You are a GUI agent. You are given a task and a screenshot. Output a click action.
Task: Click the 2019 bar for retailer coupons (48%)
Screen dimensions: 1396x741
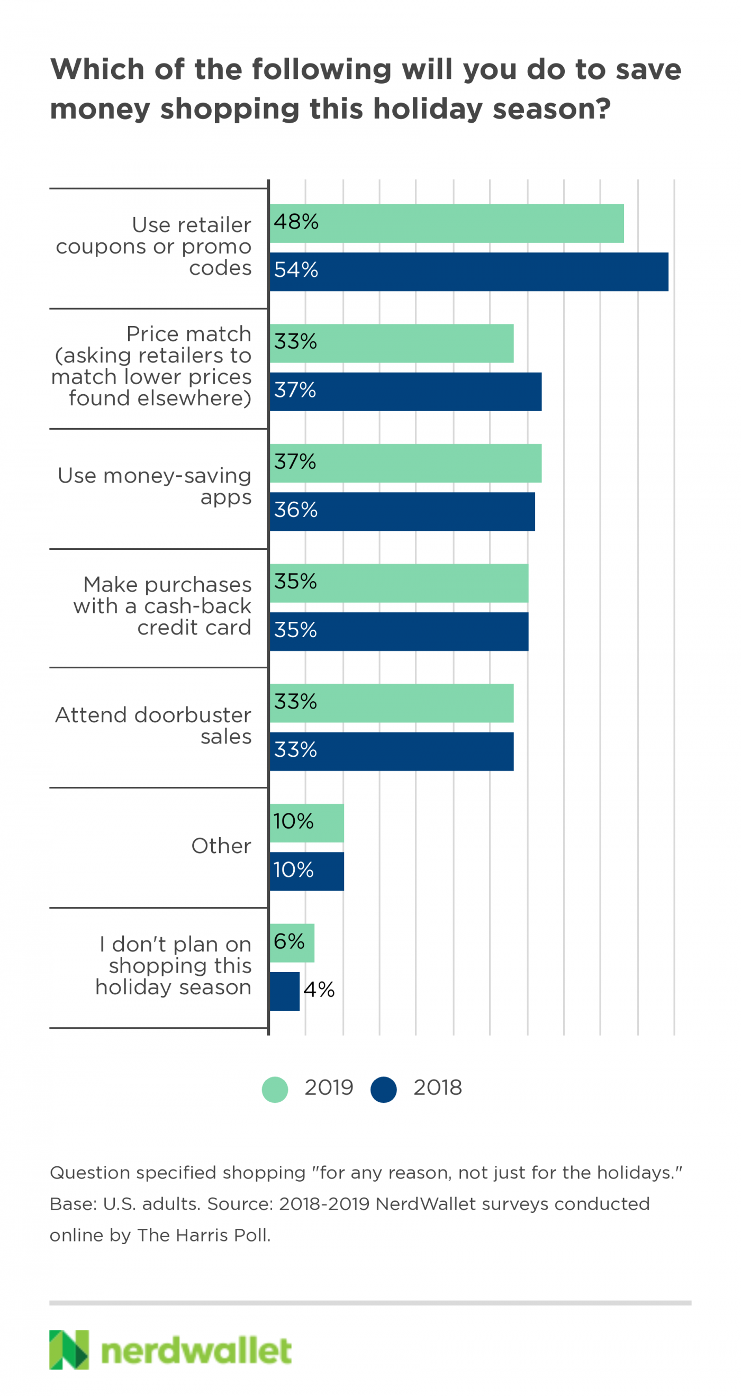click(x=447, y=223)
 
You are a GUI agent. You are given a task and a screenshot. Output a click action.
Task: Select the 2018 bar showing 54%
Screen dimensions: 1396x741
click(x=469, y=271)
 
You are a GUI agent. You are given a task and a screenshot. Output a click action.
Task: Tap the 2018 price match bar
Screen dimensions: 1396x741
click(x=405, y=391)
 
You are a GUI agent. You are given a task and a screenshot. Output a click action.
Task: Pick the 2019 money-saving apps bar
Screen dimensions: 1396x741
click(x=405, y=463)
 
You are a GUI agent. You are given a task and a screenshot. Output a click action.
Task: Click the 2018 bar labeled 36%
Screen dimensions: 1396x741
click(x=402, y=511)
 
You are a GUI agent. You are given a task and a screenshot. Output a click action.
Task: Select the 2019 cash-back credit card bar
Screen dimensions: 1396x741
click(x=399, y=583)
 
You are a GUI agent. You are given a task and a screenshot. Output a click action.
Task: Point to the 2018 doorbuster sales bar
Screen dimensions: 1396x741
click(x=391, y=751)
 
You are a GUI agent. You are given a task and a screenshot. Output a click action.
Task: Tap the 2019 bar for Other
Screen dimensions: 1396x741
click(x=307, y=823)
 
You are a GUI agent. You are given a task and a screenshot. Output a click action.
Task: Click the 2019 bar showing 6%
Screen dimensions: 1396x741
click(x=292, y=942)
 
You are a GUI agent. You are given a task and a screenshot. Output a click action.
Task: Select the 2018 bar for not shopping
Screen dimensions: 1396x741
click(x=285, y=991)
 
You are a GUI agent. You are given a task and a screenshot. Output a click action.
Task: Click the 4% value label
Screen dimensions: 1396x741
click(x=319, y=990)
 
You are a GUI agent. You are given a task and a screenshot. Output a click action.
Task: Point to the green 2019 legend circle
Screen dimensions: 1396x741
click(x=275, y=1089)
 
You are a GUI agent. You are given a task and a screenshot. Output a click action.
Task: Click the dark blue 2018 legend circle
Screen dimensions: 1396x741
click(x=384, y=1089)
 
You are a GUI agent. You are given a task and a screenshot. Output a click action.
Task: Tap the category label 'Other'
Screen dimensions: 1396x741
click(x=221, y=846)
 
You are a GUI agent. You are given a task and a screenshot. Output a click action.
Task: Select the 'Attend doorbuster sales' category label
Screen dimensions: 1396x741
click(x=153, y=726)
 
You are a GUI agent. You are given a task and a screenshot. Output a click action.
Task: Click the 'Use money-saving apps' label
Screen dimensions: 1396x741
click(x=155, y=486)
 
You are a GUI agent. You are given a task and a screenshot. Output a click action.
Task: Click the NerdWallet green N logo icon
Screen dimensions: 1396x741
click(x=69, y=1349)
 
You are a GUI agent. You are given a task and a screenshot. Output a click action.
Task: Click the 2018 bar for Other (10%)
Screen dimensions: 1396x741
click(x=307, y=871)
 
